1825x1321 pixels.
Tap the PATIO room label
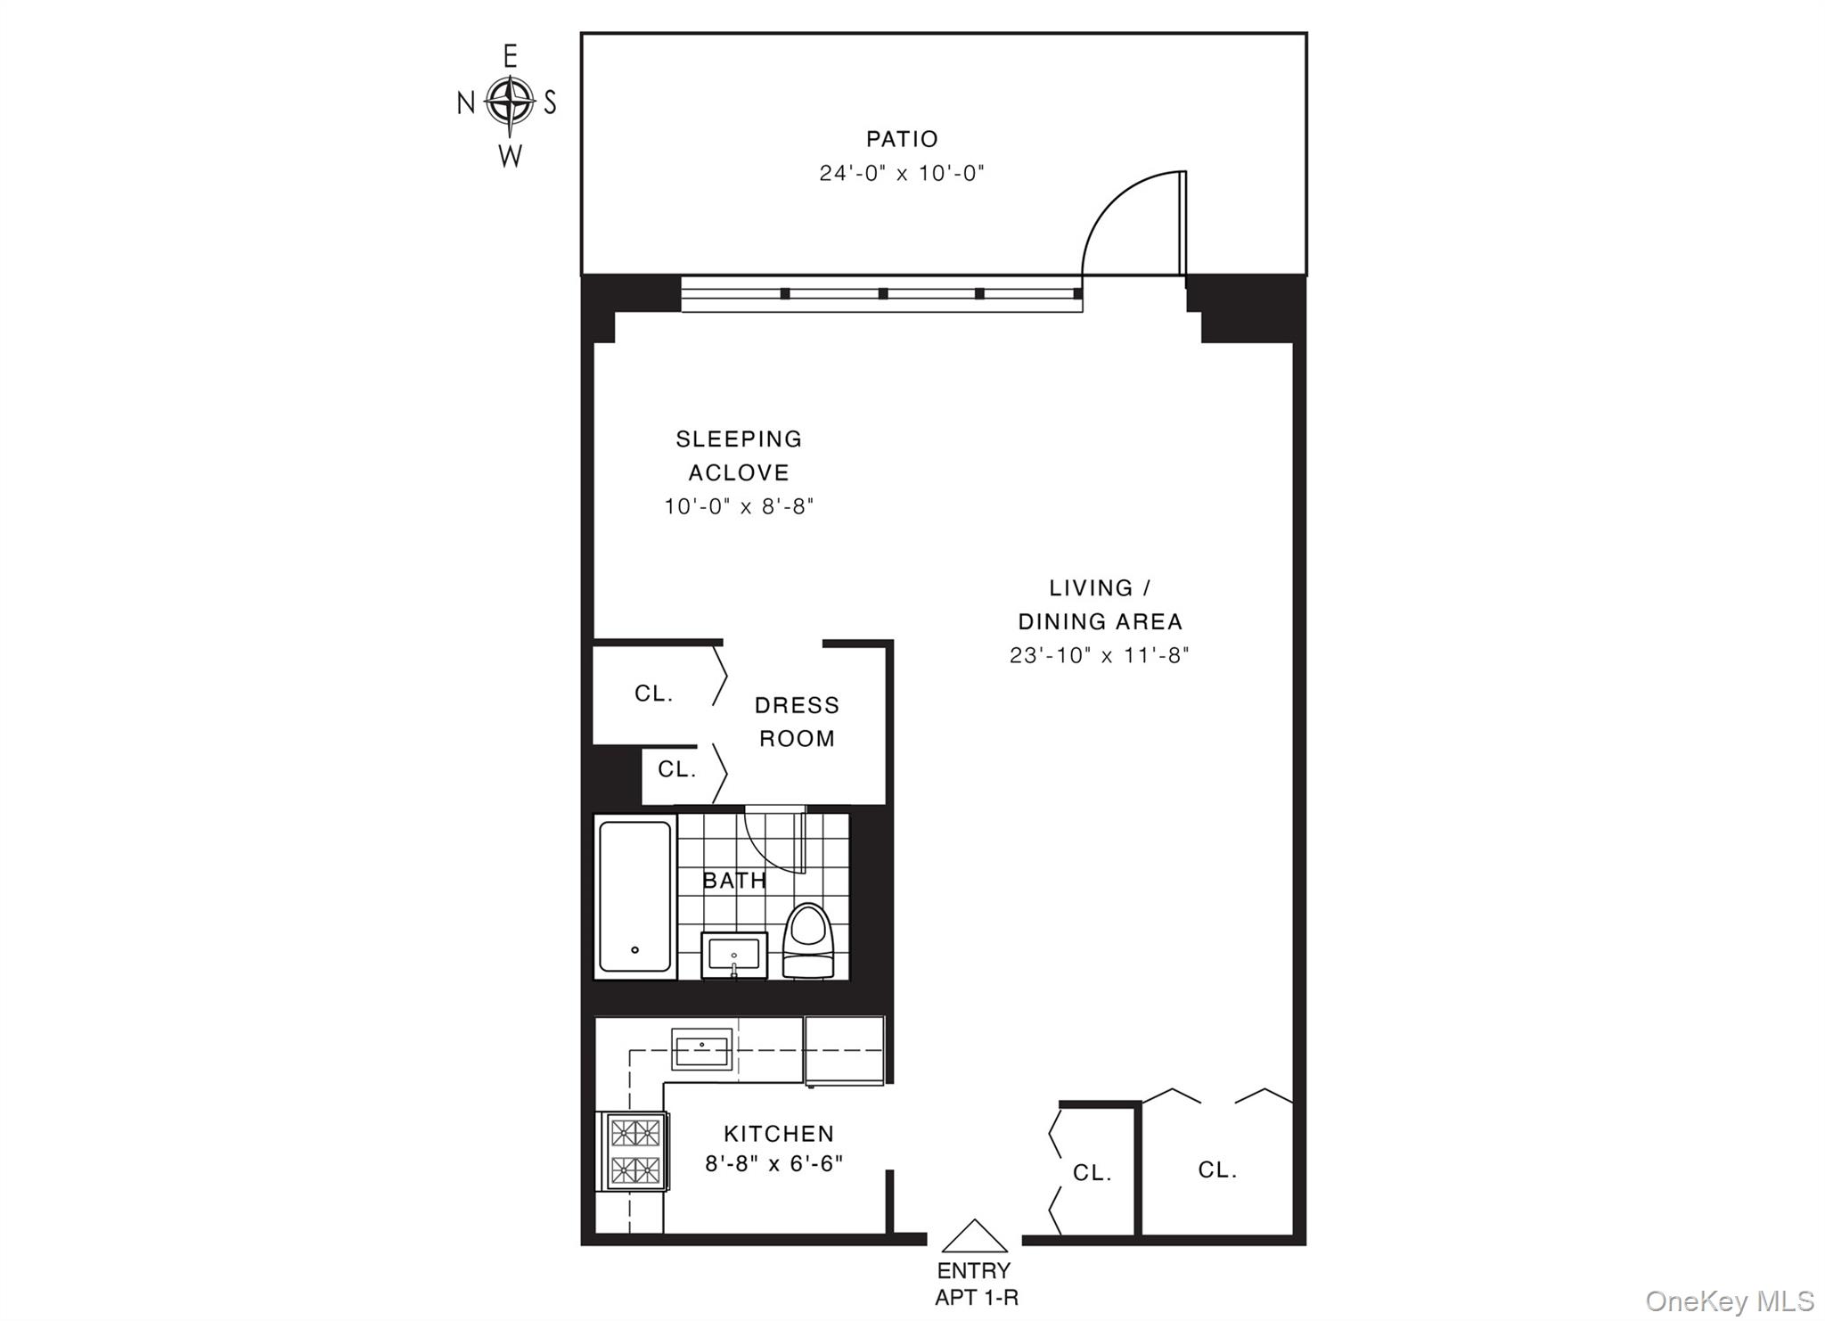[x=902, y=139]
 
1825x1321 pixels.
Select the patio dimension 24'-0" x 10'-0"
[x=902, y=173]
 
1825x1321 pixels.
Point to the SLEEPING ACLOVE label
[x=739, y=455]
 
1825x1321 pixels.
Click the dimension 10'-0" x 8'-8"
[x=739, y=506]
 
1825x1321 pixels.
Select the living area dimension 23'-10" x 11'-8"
[x=1100, y=655]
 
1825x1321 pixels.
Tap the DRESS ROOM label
[x=797, y=721]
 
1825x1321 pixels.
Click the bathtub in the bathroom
[x=634, y=896]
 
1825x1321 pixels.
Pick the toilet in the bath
[x=807, y=940]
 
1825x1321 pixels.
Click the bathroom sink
[x=733, y=955]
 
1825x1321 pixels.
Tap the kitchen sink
[x=702, y=1048]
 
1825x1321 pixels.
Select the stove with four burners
[x=634, y=1150]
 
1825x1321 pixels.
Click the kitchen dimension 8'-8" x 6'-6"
[x=773, y=1164]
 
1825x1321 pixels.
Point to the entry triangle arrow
[x=974, y=1237]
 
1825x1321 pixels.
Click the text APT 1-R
[x=976, y=1298]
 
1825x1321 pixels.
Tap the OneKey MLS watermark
[x=1729, y=1300]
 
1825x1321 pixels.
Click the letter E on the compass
[x=511, y=57]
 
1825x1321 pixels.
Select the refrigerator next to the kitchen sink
[x=844, y=1050]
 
